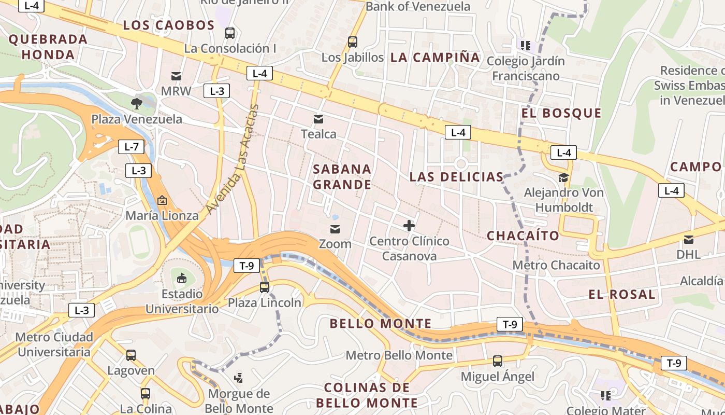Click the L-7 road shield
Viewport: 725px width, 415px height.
coord(132,147)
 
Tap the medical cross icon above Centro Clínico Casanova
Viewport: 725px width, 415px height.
coord(409,226)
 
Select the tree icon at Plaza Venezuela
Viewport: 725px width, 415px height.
coord(137,103)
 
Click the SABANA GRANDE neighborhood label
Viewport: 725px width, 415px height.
coord(342,177)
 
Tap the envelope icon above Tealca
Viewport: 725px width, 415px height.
coord(318,119)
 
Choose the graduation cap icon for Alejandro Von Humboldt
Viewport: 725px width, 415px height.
coord(563,178)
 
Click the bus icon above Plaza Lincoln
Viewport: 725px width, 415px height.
coord(265,287)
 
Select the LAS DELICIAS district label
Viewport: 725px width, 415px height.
coord(456,177)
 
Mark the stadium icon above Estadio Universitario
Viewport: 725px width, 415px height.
coord(182,279)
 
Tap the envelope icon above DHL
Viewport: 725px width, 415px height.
coord(689,240)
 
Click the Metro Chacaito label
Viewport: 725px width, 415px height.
coord(556,265)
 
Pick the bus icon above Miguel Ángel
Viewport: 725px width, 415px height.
coord(498,361)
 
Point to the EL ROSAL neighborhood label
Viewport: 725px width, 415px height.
coord(622,295)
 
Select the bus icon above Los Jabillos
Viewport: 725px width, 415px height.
coord(353,42)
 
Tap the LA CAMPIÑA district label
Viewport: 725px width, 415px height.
coord(435,58)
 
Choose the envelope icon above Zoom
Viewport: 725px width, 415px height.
coord(335,229)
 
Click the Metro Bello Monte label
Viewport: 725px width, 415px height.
coord(399,355)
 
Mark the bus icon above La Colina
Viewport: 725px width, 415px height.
coord(146,394)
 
